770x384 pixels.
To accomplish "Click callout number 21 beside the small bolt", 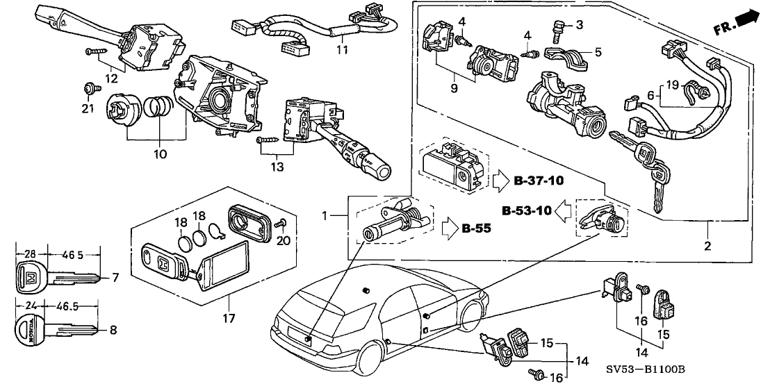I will click(86, 108).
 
